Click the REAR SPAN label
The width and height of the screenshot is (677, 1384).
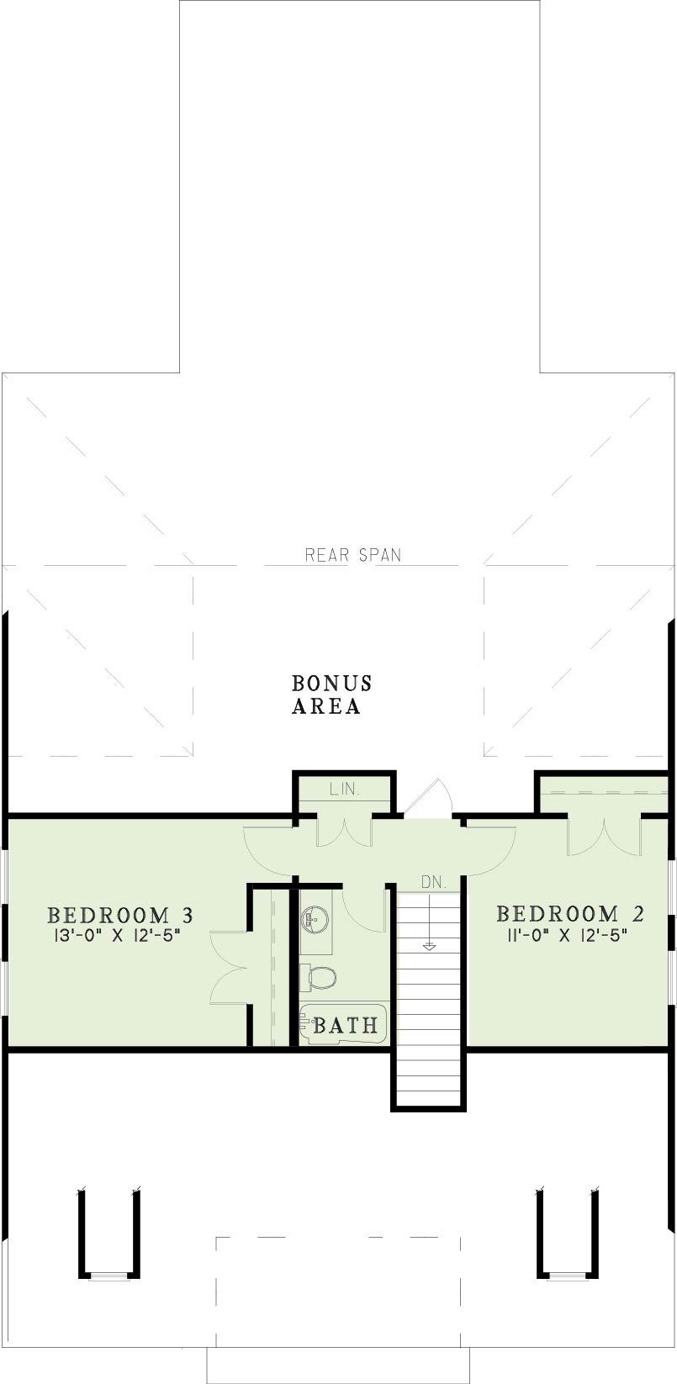pyautogui.click(x=352, y=555)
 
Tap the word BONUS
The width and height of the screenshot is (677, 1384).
pyautogui.click(x=331, y=683)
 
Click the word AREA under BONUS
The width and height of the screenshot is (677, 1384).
pyautogui.click(x=325, y=706)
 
